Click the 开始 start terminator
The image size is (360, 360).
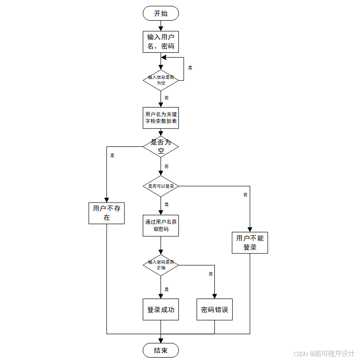[x=161, y=13]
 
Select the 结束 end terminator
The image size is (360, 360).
[x=161, y=350]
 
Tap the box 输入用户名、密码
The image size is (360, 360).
[x=161, y=42]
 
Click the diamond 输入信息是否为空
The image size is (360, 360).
[x=161, y=80]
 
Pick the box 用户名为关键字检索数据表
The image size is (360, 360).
[x=161, y=118]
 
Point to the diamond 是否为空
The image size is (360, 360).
[x=161, y=146]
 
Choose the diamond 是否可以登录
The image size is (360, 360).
[x=161, y=186]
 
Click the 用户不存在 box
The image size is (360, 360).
[x=107, y=213]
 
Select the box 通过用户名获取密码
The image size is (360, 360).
[x=161, y=225]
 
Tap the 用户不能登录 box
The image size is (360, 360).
[x=250, y=243]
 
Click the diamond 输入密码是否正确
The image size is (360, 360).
[x=161, y=264]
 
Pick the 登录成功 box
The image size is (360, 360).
[x=161, y=310]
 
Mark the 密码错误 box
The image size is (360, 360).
[x=214, y=310]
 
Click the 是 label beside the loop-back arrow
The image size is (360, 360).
[x=190, y=68]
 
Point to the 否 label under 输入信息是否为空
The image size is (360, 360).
[x=166, y=97]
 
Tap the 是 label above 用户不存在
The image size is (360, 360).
[x=112, y=155]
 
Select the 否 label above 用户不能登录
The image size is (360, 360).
[x=245, y=195]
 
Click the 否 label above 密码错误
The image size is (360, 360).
[x=211, y=274]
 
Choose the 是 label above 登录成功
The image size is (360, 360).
[x=166, y=289]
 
